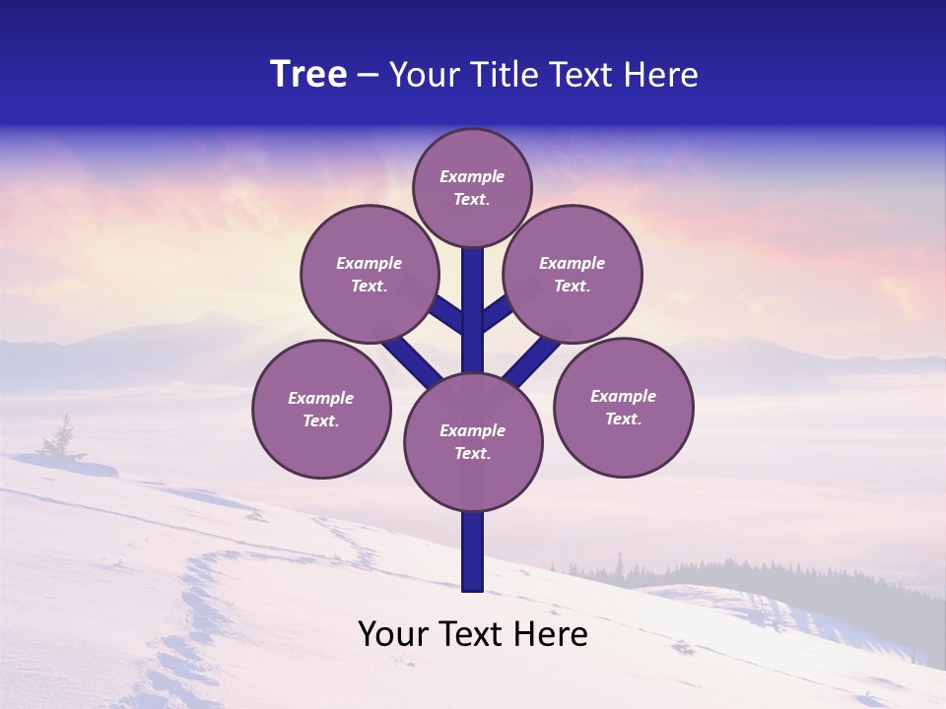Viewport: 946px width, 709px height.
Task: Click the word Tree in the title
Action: [x=308, y=75]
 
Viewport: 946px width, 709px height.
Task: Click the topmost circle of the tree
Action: [x=472, y=187]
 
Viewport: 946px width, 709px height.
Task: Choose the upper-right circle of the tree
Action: [x=573, y=274]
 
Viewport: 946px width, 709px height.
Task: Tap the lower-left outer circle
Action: [x=321, y=409]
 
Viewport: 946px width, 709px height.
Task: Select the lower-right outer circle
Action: [x=623, y=407]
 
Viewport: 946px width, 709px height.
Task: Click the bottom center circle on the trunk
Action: [x=473, y=441]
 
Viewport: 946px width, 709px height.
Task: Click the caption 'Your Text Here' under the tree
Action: [x=473, y=634]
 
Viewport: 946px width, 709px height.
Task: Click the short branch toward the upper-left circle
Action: [x=448, y=314]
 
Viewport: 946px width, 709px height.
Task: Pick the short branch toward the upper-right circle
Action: [x=497, y=312]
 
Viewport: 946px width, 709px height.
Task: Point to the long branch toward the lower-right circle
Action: [x=533, y=360]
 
